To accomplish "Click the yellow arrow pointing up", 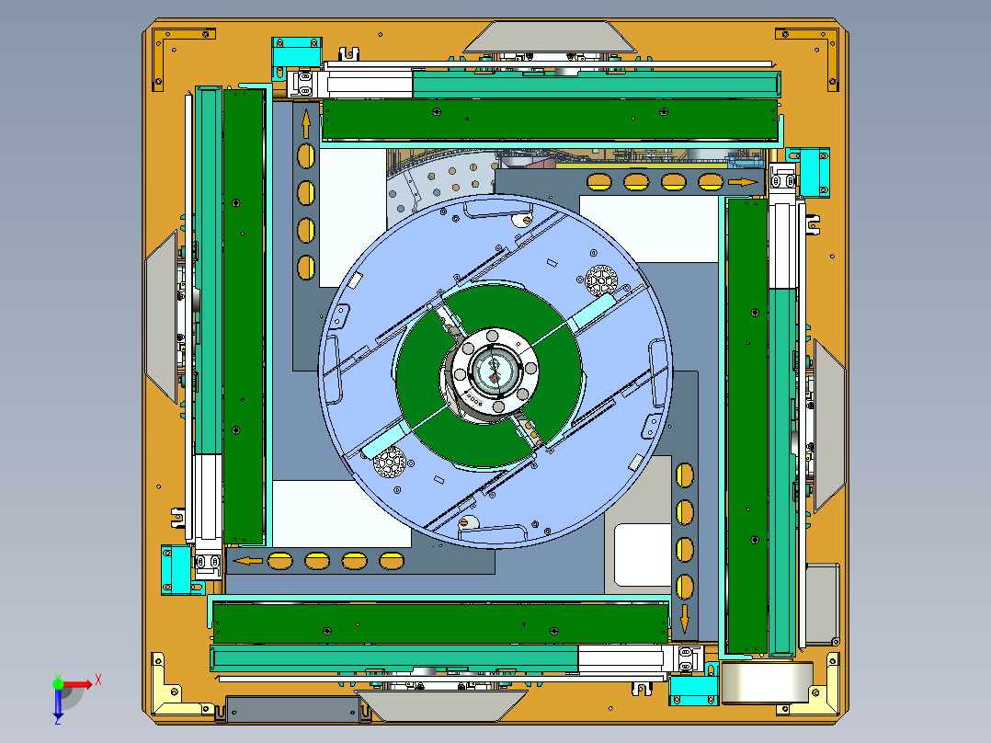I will (x=304, y=123).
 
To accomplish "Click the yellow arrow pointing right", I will (x=742, y=182).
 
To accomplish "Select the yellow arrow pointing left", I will (x=246, y=560).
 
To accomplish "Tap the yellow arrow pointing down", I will (x=684, y=619).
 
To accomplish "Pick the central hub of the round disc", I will (x=495, y=371).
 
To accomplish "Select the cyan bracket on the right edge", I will (x=814, y=171).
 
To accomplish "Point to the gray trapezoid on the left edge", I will (x=163, y=315).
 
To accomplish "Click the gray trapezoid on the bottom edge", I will (x=439, y=706).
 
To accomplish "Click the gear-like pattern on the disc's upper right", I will (x=600, y=279).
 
